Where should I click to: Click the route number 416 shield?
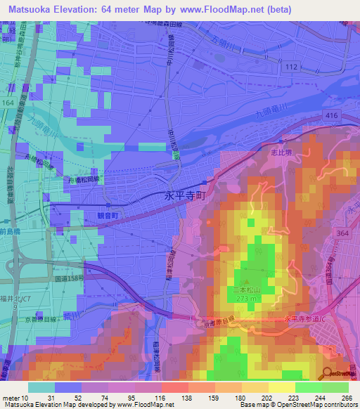[x=332, y=113]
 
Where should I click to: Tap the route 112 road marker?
[x=294, y=67]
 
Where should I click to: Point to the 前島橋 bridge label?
[x=13, y=231]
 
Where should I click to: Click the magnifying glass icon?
[x=330, y=373]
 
